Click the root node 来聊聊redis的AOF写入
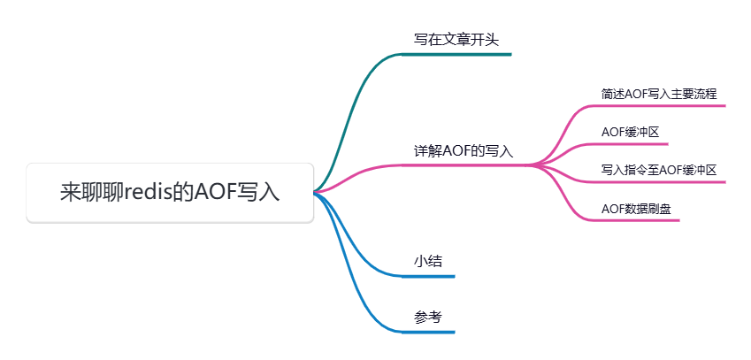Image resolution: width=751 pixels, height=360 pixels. tap(170, 192)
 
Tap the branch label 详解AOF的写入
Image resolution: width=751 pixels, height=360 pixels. tap(464, 151)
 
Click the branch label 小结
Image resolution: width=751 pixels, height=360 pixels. tap(428, 262)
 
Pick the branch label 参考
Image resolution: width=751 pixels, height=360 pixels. tap(428, 318)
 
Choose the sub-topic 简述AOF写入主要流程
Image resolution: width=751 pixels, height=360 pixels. tap(658, 93)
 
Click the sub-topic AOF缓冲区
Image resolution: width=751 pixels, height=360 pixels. tap(630, 132)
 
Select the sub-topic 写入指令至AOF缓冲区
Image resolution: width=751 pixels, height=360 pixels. tap(658, 170)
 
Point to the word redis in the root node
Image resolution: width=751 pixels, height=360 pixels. tap(147, 192)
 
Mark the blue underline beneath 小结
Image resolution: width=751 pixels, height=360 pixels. tap(428, 276)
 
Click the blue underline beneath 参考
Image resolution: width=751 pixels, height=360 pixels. tap(428, 332)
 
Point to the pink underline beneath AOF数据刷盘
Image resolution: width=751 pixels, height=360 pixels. tap(637, 220)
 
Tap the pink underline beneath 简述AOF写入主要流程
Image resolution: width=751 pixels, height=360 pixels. tap(659, 105)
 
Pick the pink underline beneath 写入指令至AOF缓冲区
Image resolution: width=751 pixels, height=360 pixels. tap(659, 182)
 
